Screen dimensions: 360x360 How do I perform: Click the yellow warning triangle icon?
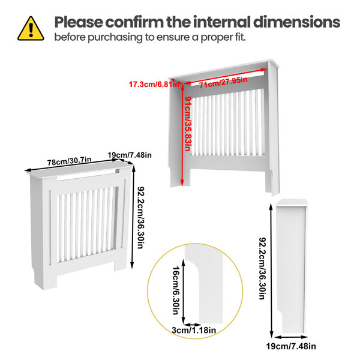pyautogui.click(x=31, y=28)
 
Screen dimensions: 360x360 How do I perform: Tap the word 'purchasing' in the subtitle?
pyautogui.click(x=121, y=37)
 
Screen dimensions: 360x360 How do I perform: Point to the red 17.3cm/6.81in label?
pyautogui.click(x=152, y=84)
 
